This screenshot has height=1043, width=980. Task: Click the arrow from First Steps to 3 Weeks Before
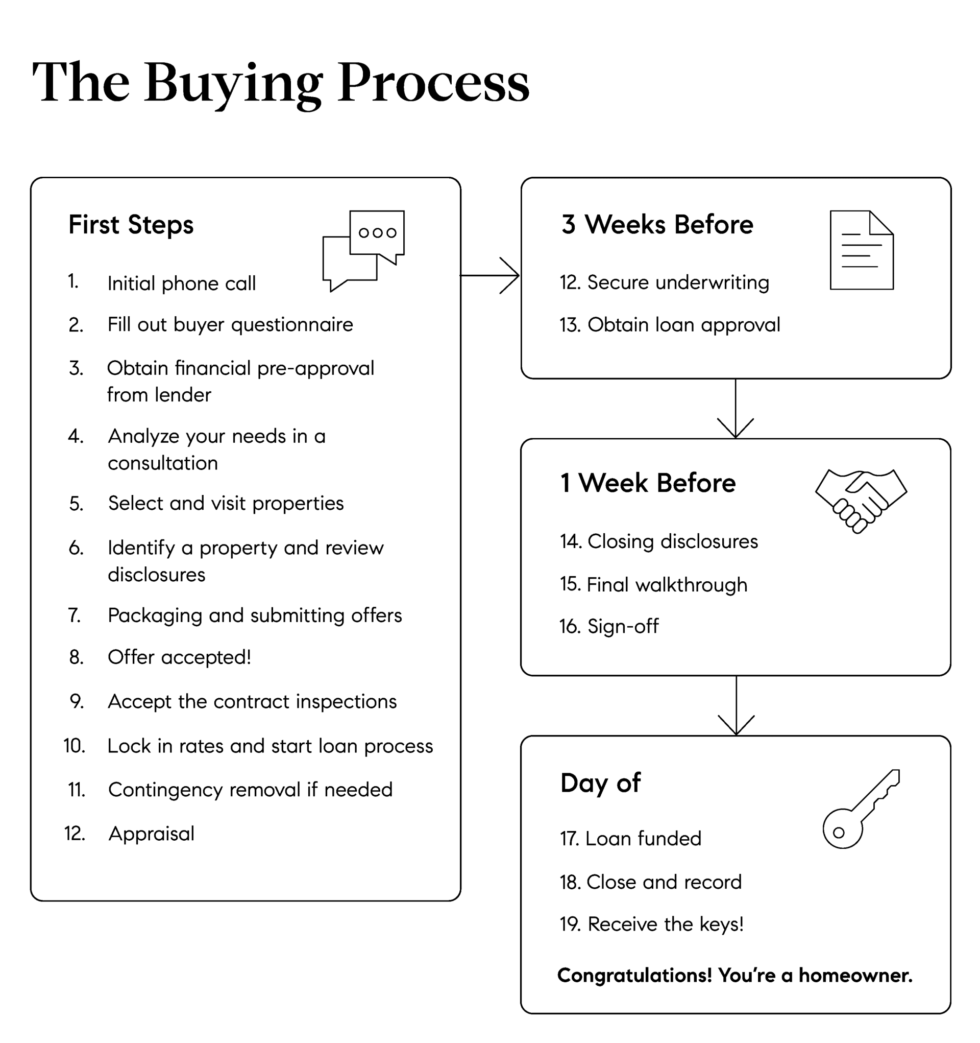click(489, 275)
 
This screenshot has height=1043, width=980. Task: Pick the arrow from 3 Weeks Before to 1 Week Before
click(736, 408)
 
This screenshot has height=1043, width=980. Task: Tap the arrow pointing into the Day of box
click(736, 705)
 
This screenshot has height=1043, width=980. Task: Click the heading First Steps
click(131, 225)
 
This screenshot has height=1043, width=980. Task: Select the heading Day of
click(600, 784)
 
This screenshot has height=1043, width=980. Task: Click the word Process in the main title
click(434, 83)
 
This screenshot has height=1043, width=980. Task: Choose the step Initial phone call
click(181, 283)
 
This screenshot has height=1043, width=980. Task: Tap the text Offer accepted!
click(179, 657)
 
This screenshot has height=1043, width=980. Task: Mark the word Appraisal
click(151, 834)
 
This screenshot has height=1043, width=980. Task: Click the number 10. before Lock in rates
click(75, 746)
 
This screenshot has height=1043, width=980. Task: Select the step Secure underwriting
click(678, 283)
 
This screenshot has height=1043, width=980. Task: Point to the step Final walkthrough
click(667, 584)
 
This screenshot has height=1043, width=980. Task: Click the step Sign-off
click(623, 626)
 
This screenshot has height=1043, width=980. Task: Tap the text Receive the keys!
click(666, 925)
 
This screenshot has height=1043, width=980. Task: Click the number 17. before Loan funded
click(569, 839)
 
